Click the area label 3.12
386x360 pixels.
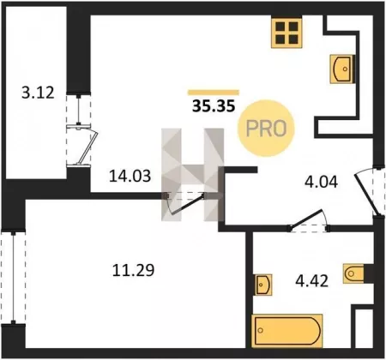coord(38,93)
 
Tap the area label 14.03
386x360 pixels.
coord(130,176)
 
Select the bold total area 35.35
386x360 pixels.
coord(214,106)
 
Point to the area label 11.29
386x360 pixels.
coord(133,270)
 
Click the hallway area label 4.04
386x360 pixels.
coord(321,182)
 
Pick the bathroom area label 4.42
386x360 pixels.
coord(311,280)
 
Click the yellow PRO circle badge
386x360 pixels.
coord(266,128)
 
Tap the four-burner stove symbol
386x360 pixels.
coord(286,33)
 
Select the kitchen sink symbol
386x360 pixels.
coord(342,69)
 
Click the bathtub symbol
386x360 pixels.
coord(286,331)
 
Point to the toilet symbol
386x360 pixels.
coord(354,273)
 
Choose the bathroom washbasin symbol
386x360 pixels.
coord(263,285)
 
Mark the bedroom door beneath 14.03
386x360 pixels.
coord(185,204)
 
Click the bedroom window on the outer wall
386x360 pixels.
coord(13,277)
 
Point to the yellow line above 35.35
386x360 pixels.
coord(214,93)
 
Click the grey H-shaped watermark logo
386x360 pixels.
coord(192,175)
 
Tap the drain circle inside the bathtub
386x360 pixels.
coord(260,331)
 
